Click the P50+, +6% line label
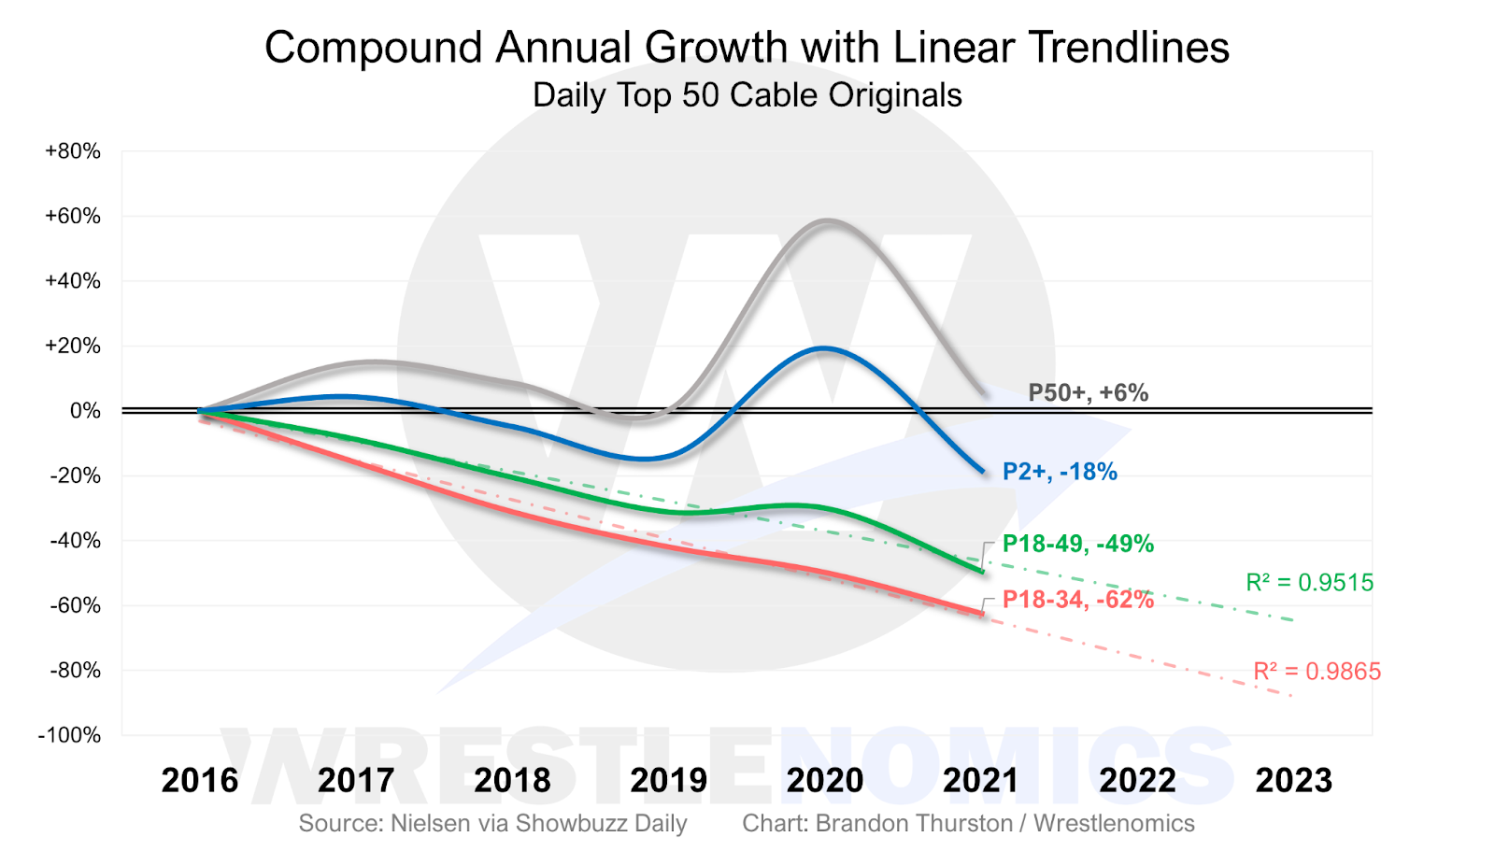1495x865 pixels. [1088, 392]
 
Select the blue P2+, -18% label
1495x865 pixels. [1060, 472]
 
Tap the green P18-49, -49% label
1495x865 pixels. [1077, 544]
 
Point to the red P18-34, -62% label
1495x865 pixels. [1077, 600]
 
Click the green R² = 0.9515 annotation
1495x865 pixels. [1309, 583]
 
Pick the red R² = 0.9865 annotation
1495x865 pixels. [1317, 672]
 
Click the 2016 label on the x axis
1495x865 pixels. [200, 780]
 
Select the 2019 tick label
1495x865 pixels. [669, 780]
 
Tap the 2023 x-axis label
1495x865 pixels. [1293, 780]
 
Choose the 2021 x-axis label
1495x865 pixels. [981, 780]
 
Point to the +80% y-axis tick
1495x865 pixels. [73, 151]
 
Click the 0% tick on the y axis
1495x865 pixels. [85, 411]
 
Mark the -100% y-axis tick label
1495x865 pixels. [69, 735]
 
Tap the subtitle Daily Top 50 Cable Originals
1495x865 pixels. [747, 95]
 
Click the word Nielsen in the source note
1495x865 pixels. [426, 823]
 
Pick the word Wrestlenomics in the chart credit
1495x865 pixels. [1114, 823]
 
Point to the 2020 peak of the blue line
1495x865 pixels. [823, 348]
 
